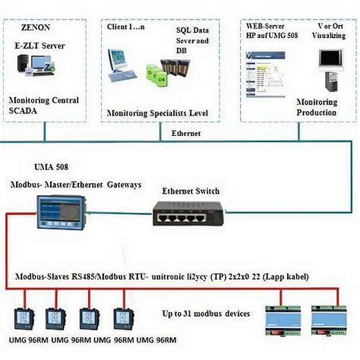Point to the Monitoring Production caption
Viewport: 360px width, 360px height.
tap(316, 106)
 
